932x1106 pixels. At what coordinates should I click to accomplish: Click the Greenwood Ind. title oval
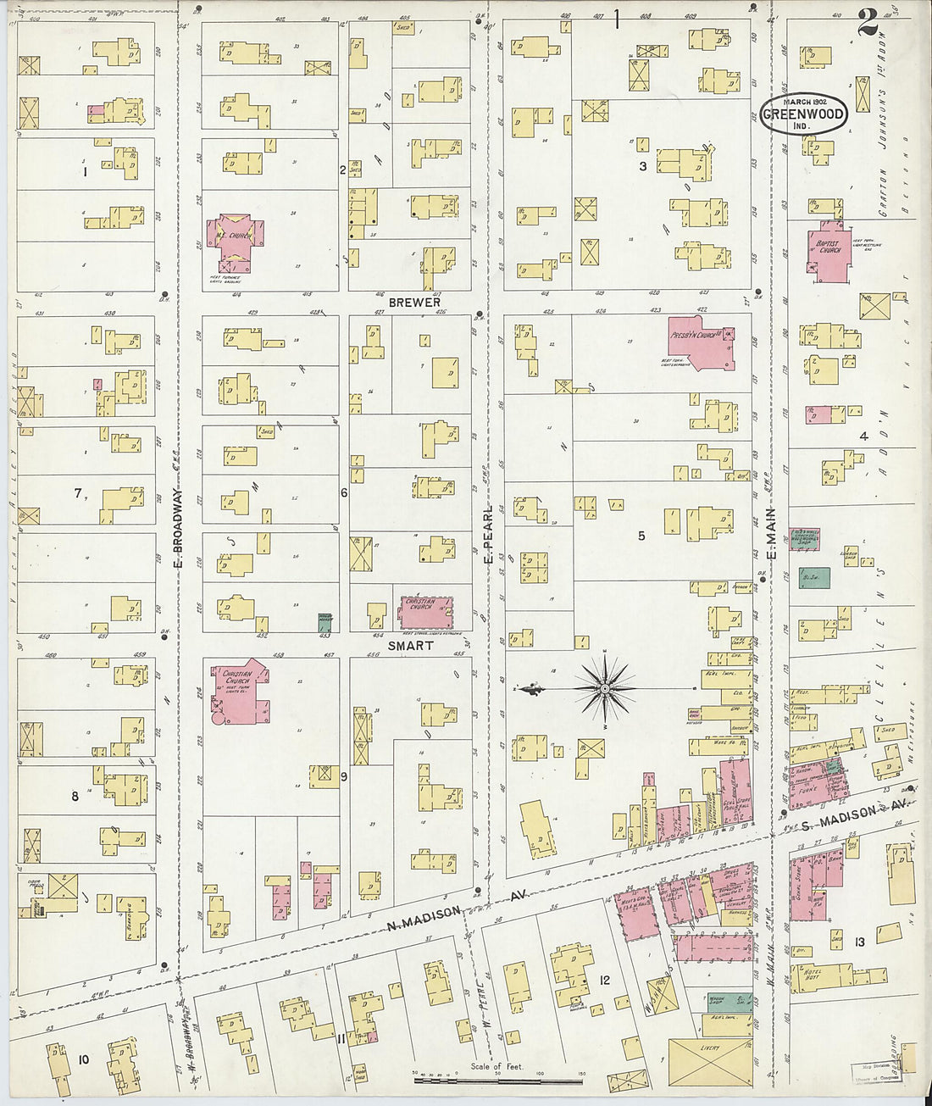pyautogui.click(x=803, y=114)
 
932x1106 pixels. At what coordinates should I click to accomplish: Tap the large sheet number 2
pyautogui.click(x=867, y=23)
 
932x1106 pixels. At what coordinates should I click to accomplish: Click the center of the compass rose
pyautogui.click(x=605, y=689)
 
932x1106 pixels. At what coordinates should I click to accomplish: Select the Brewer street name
pyautogui.click(x=414, y=302)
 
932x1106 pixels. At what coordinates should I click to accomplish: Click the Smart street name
pyautogui.click(x=411, y=645)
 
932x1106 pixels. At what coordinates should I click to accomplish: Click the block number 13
pyautogui.click(x=860, y=942)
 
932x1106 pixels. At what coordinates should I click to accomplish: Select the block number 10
pyautogui.click(x=83, y=1059)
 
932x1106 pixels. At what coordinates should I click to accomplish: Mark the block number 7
pyautogui.click(x=78, y=492)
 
